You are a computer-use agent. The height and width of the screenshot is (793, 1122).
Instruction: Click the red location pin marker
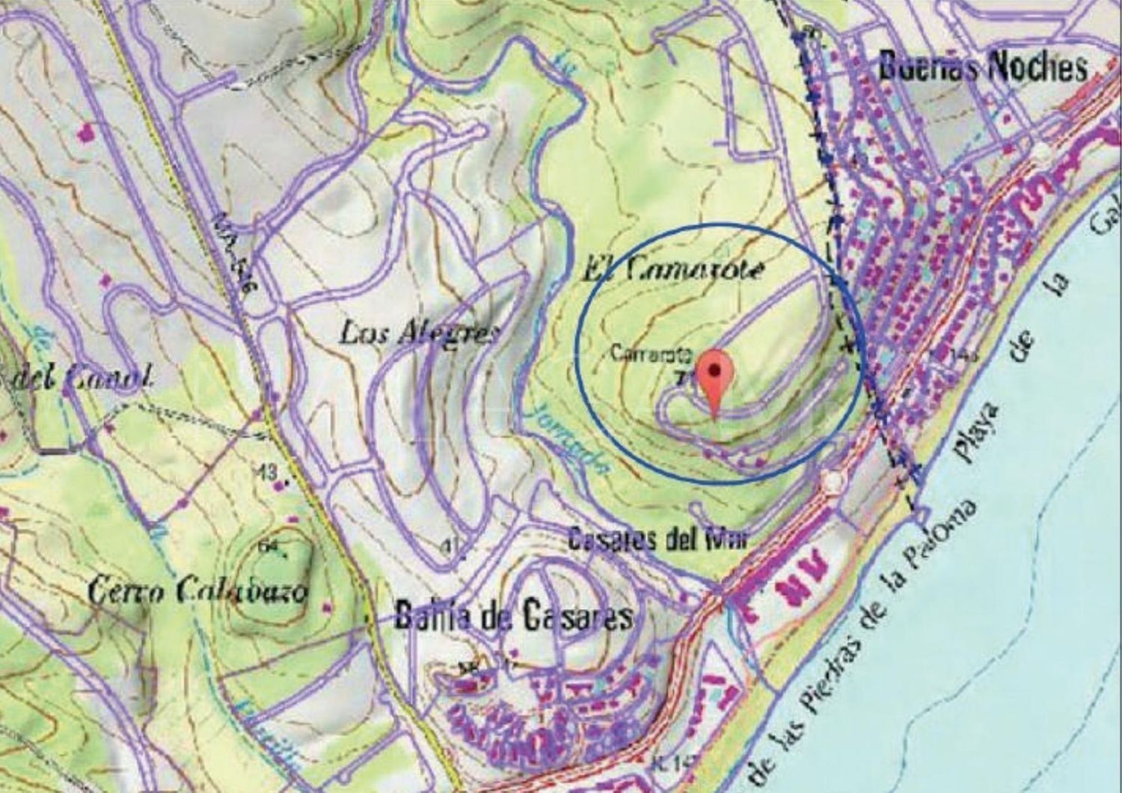[716, 378]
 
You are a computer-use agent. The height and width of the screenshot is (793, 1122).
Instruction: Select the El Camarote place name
[673, 269]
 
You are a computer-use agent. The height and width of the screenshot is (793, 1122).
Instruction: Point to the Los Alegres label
[417, 332]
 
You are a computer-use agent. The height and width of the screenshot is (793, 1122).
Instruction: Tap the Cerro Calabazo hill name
[197, 592]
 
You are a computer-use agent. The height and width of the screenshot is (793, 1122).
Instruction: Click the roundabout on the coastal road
[832, 483]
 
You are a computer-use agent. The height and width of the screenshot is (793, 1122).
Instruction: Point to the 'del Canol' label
[75, 378]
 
